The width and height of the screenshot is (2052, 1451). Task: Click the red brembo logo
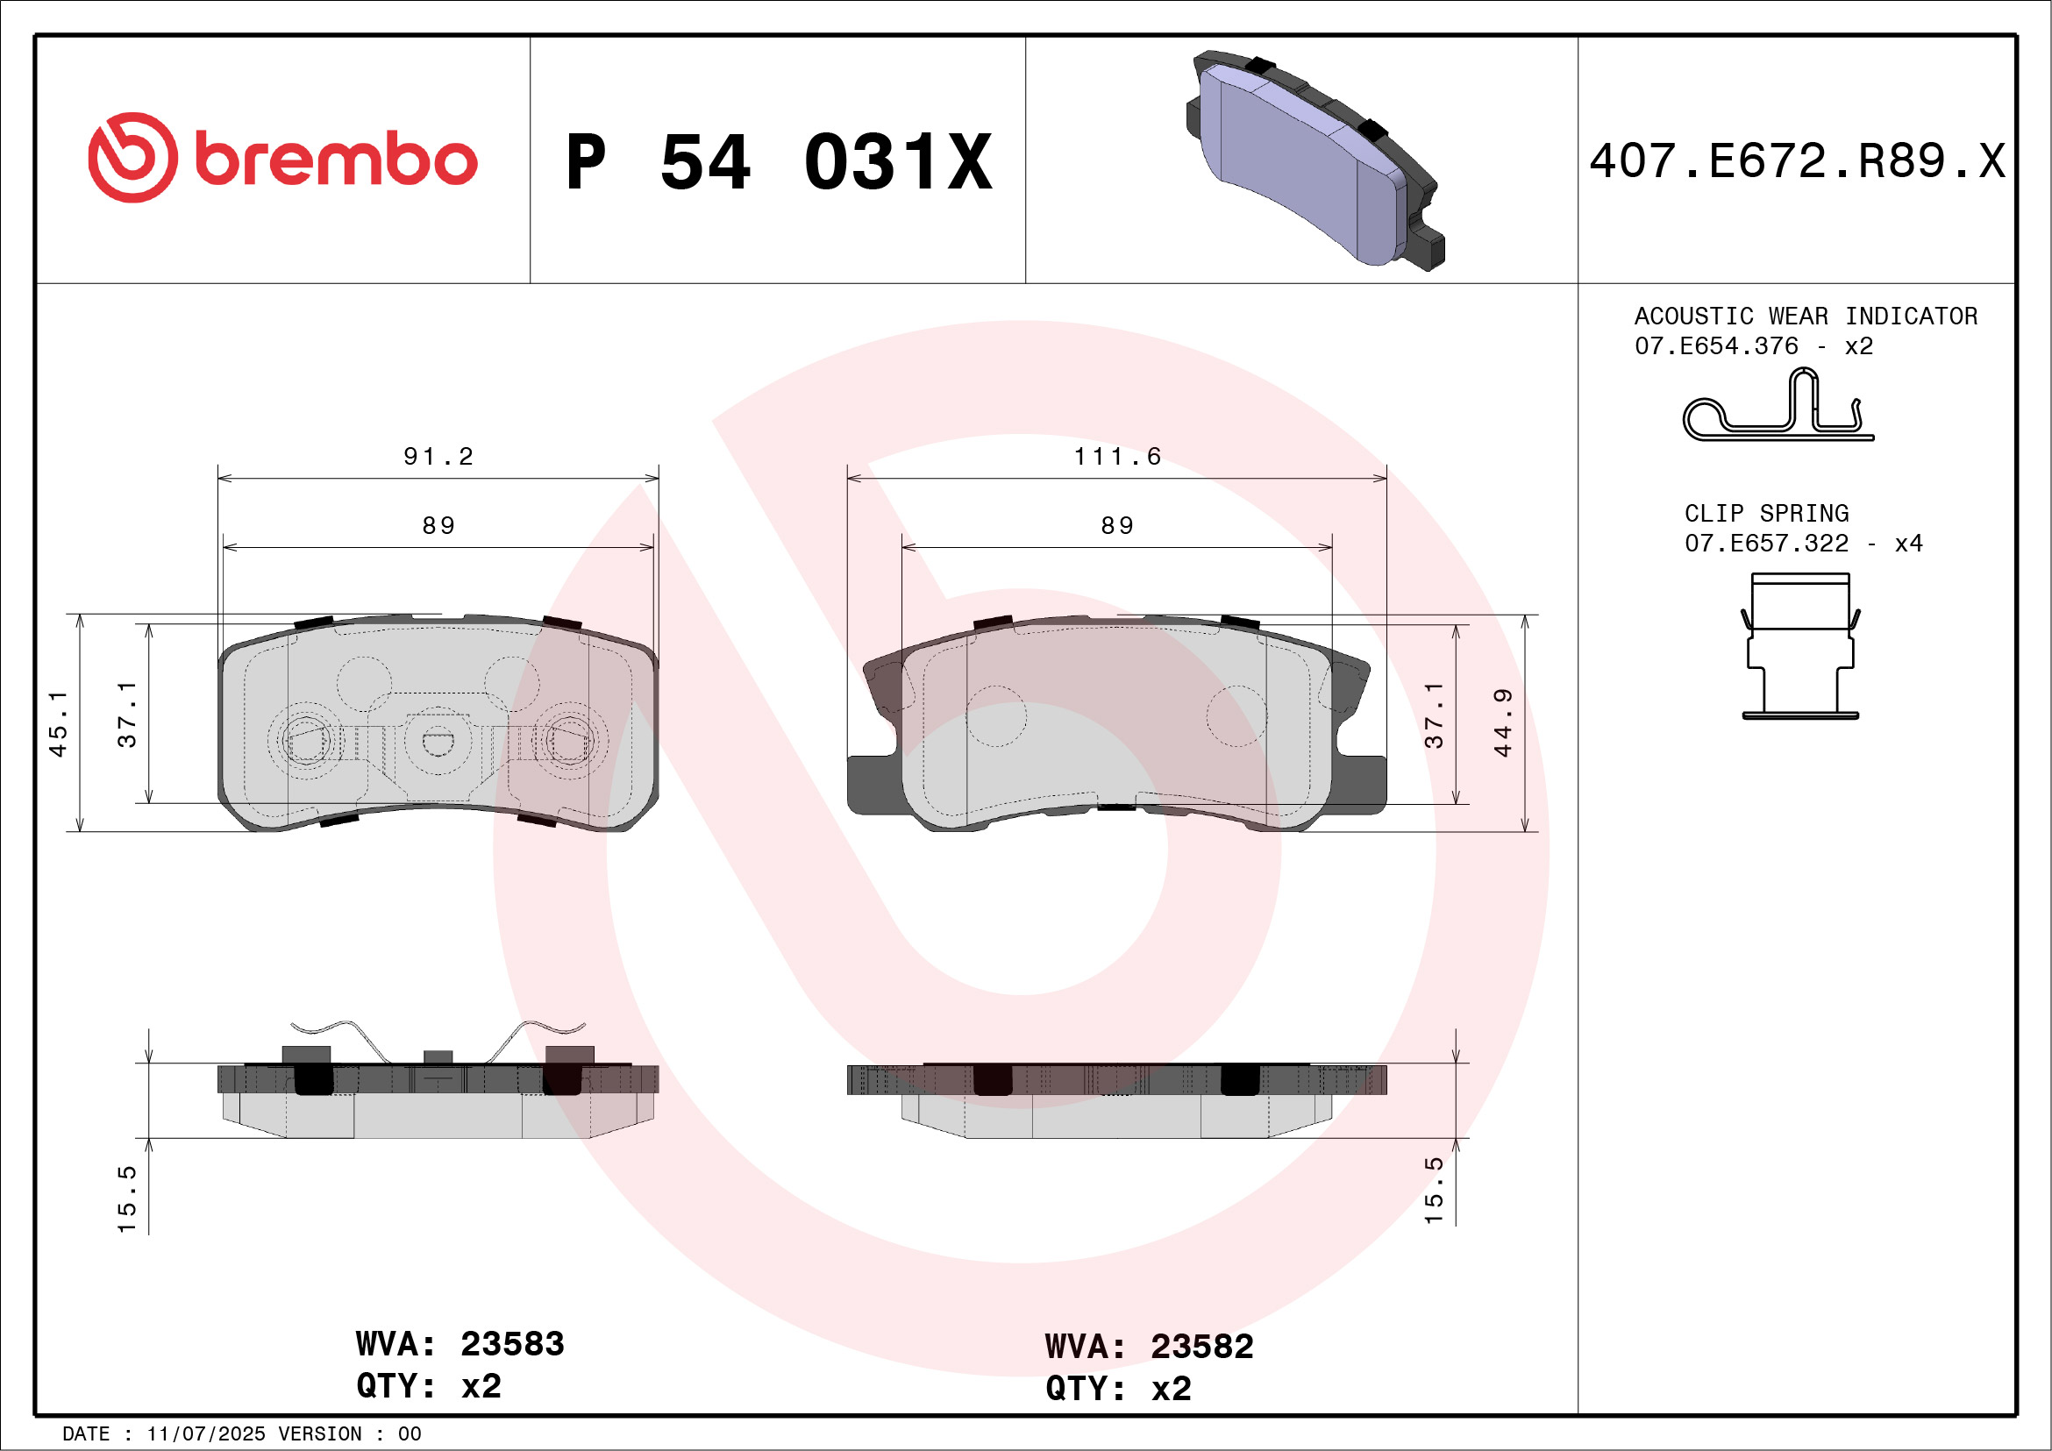point(282,158)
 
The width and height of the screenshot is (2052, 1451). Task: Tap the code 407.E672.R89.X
point(1797,161)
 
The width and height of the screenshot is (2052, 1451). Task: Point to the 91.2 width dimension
point(438,457)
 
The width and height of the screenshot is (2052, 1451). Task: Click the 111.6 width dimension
point(1117,457)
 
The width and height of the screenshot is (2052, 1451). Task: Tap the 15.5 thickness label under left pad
point(127,1198)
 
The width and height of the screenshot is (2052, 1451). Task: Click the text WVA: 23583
point(460,1344)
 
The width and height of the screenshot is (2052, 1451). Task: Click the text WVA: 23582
point(1149,1347)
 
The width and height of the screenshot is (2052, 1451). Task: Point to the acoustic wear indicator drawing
point(1778,408)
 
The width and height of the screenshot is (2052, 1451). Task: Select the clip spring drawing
point(1800,646)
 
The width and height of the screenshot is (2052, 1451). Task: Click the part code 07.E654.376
point(1716,345)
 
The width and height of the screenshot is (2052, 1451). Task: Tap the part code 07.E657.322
point(1766,544)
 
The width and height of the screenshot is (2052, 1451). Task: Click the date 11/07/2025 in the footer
point(205,1434)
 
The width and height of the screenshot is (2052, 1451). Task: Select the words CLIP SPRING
point(1766,514)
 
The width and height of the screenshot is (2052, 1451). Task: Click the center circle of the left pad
point(438,741)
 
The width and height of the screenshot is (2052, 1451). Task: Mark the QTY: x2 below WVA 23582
point(1118,1390)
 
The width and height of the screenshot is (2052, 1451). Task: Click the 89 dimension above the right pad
point(1117,525)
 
